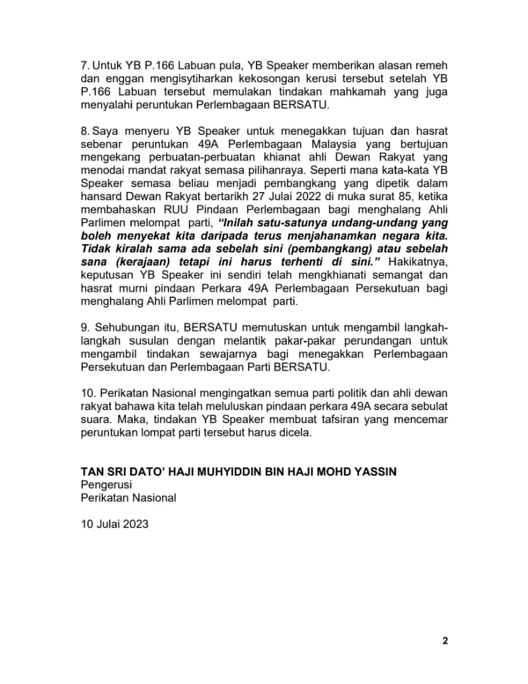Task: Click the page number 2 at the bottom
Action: (x=445, y=640)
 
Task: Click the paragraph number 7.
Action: (x=85, y=66)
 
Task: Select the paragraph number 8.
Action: (x=85, y=130)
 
